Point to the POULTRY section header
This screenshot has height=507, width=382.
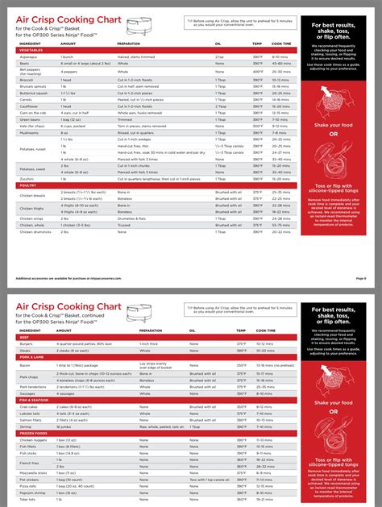click(x=28, y=185)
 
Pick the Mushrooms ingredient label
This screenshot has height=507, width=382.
click(x=30, y=132)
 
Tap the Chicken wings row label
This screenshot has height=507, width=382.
click(x=33, y=217)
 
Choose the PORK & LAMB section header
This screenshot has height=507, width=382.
click(x=31, y=355)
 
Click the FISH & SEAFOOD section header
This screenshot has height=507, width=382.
click(x=34, y=400)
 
